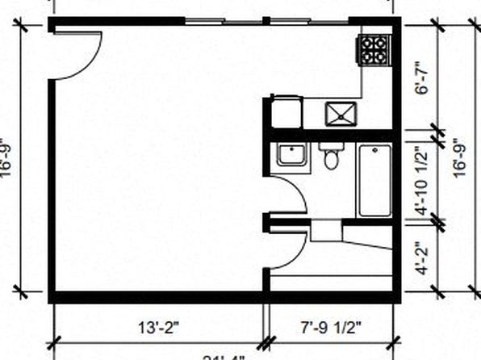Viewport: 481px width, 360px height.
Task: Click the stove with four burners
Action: click(374, 50)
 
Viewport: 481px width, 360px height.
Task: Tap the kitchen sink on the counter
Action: click(342, 112)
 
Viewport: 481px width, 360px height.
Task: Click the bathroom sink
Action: click(291, 153)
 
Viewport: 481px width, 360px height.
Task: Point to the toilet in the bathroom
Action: click(331, 157)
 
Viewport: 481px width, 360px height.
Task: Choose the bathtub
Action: click(374, 180)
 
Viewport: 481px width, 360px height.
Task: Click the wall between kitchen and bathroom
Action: click(331, 135)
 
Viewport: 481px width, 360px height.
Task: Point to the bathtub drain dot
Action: click(374, 151)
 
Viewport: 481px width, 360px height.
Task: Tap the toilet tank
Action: click(331, 147)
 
